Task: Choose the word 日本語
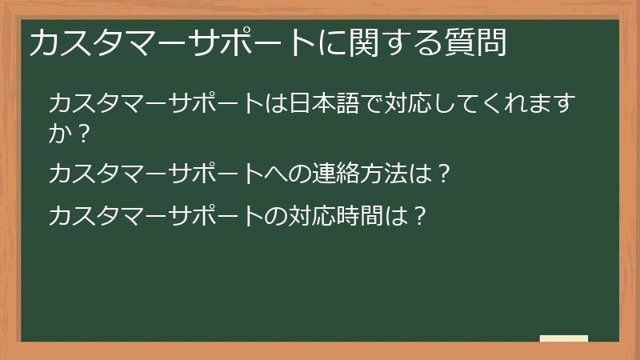(320, 104)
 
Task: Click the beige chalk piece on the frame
(564, 338)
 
